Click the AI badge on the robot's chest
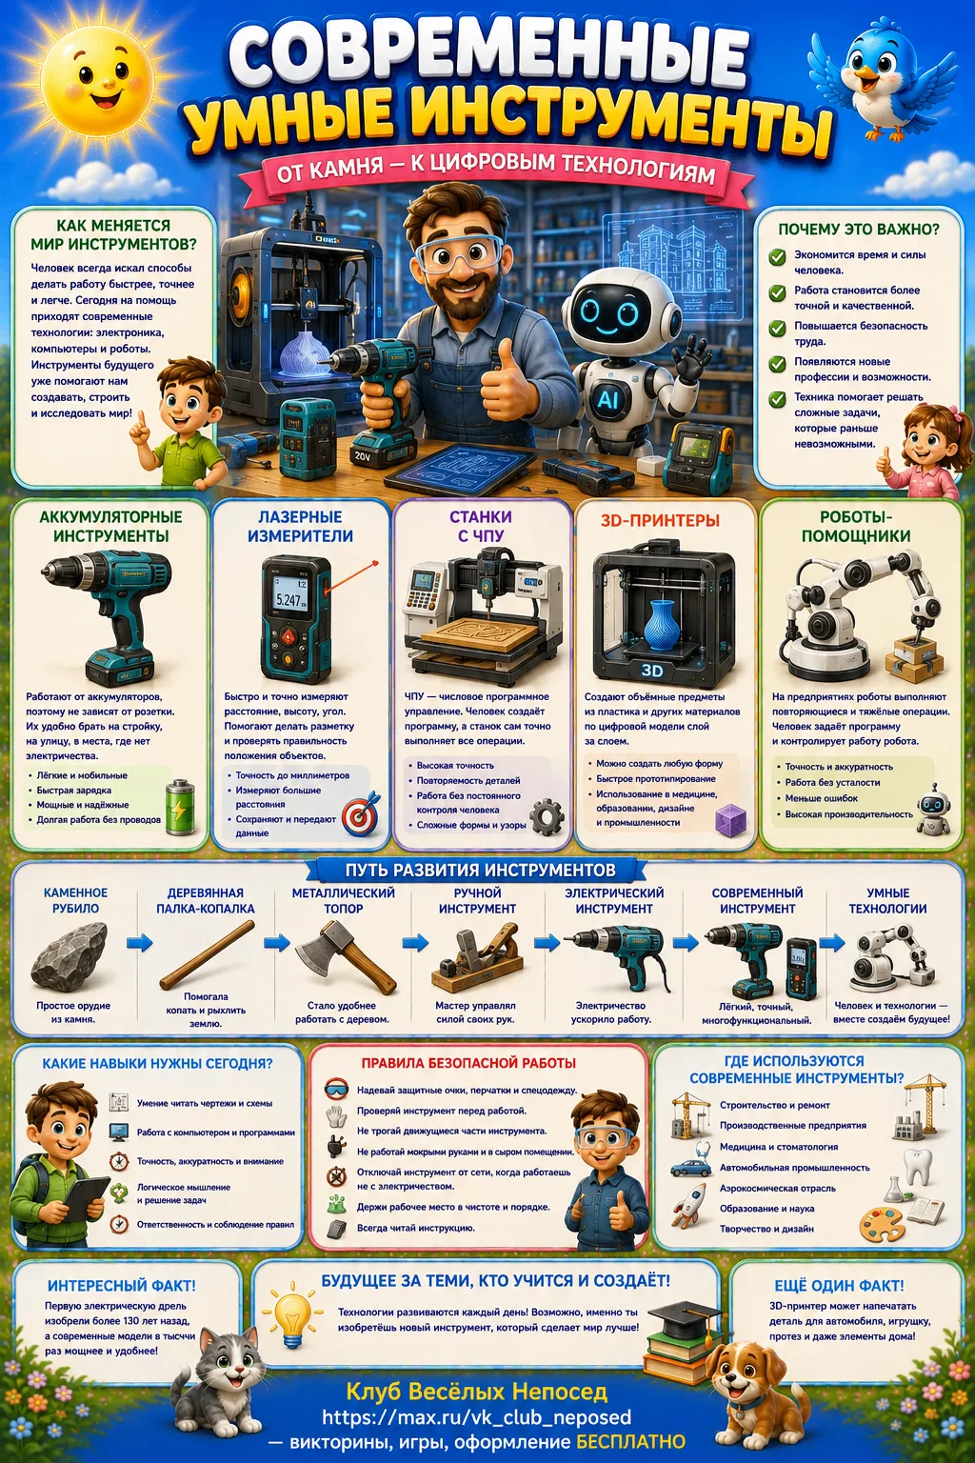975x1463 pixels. pos(607,400)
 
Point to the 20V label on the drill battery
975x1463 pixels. pos(363,456)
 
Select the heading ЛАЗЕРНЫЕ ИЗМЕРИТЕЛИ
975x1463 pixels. pos(300,527)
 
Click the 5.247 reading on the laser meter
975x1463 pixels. pos(289,600)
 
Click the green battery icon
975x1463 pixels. pos(180,808)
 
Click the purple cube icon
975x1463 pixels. pos(730,821)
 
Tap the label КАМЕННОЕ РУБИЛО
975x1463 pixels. pos(76,901)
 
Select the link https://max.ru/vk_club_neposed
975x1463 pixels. pos(477,1417)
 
